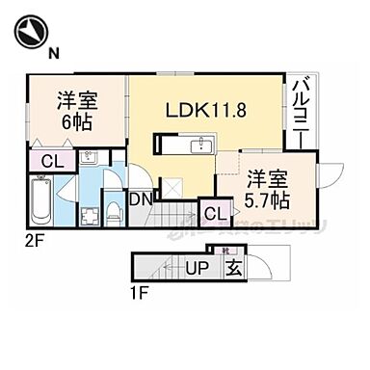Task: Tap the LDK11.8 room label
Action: [208, 111]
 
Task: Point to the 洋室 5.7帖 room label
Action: [265, 187]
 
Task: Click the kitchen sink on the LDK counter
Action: [203, 145]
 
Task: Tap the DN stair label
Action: [139, 200]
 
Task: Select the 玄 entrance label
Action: [233, 268]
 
